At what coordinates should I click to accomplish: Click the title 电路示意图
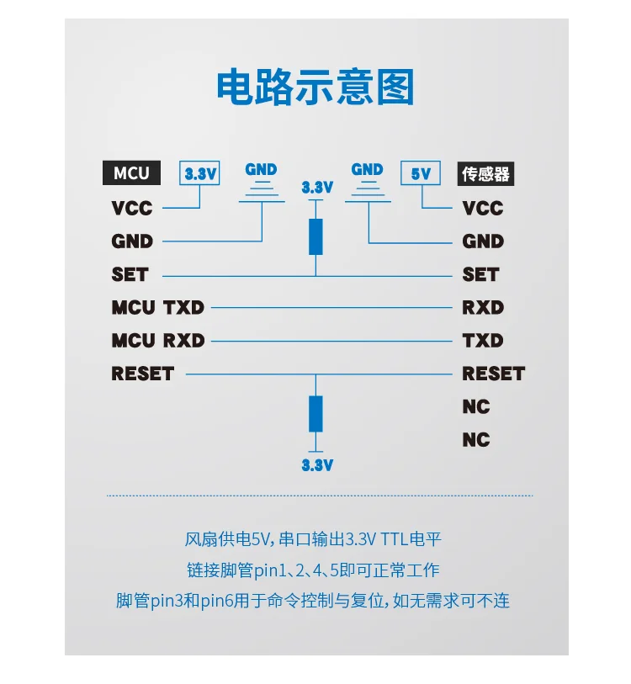[x=315, y=87]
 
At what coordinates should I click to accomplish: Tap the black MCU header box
[x=131, y=173]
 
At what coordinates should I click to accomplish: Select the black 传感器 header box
[x=486, y=174]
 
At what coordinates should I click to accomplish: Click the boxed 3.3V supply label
[x=200, y=174]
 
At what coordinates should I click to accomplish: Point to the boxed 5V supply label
[x=421, y=174]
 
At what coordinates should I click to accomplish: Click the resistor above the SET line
[x=315, y=236]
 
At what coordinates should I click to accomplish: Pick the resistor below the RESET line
[x=315, y=413]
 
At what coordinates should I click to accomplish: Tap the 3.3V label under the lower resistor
[x=317, y=464]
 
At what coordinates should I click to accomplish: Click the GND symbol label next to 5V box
[x=367, y=169]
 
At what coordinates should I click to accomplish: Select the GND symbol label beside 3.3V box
[x=261, y=169]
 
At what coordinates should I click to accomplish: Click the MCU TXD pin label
[x=157, y=307]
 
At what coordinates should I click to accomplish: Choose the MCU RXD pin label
[x=157, y=341]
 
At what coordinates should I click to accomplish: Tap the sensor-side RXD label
[x=483, y=307]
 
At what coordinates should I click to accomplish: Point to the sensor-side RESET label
[x=493, y=374]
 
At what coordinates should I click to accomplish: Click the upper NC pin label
[x=475, y=406]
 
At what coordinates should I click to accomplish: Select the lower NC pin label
[x=475, y=440]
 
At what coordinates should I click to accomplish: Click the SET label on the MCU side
[x=130, y=274]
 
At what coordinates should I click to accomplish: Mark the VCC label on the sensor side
[x=483, y=208]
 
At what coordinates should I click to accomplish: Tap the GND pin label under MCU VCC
[x=132, y=241]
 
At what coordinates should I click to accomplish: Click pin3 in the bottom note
[x=167, y=601]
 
